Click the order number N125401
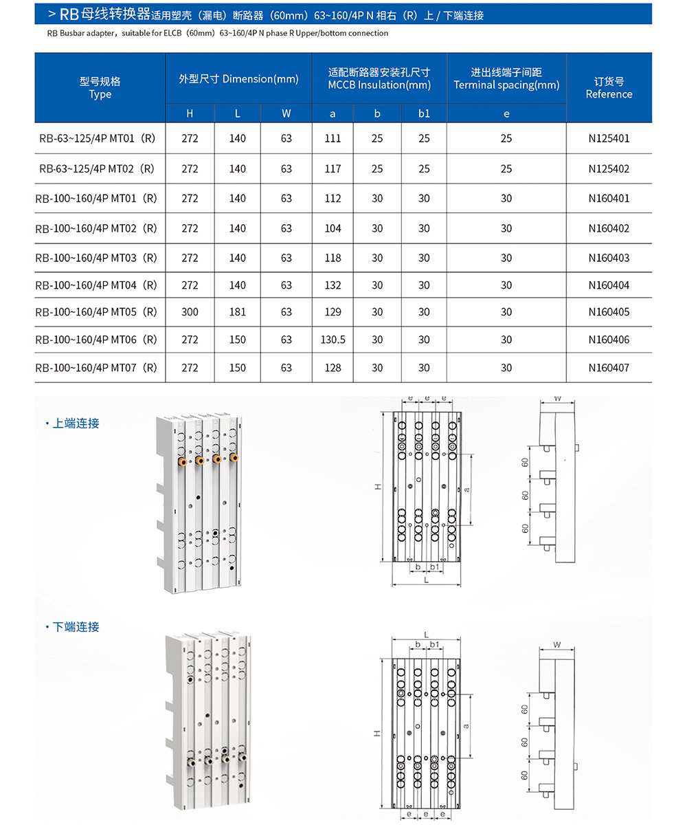click(x=609, y=138)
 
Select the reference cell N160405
click(x=609, y=312)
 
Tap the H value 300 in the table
click(x=190, y=312)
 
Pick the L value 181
click(x=237, y=312)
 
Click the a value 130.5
click(x=333, y=340)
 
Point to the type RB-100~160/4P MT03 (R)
click(x=96, y=258)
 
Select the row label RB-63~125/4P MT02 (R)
click(x=96, y=168)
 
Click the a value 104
click(x=333, y=228)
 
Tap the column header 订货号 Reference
click(x=609, y=87)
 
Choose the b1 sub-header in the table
click(x=424, y=114)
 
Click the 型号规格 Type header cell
click(x=100, y=87)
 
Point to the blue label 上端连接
click(x=76, y=423)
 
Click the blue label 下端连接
click(x=76, y=627)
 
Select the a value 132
click(x=333, y=285)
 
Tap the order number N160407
click(x=609, y=368)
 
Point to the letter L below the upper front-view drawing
click(x=426, y=580)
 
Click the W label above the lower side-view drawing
click(x=557, y=646)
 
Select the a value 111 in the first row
click(x=333, y=138)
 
